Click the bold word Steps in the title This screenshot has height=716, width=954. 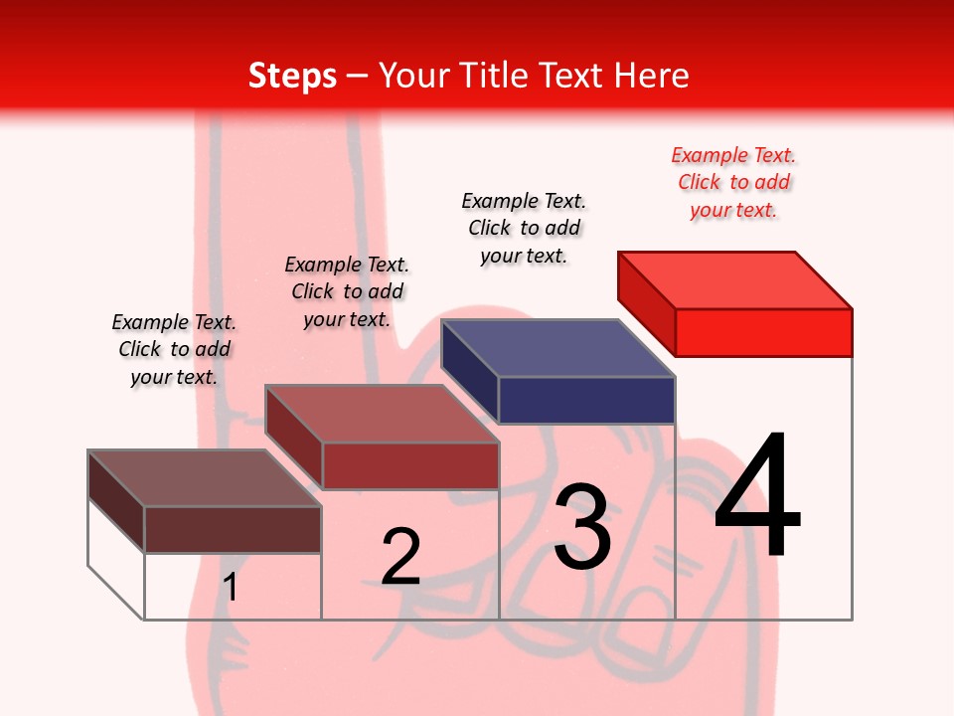(x=292, y=76)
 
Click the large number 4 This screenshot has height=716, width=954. (x=757, y=496)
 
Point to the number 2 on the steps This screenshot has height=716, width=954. (x=400, y=557)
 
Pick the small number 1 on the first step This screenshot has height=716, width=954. (x=231, y=587)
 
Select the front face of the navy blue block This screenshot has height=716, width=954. (x=586, y=401)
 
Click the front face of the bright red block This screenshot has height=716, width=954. (x=763, y=332)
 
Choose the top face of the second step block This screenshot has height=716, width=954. (x=382, y=414)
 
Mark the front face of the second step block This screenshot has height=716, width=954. (x=410, y=465)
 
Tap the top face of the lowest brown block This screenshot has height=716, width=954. (x=205, y=478)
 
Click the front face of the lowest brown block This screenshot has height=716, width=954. (x=233, y=529)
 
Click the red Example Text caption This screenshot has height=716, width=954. (x=733, y=182)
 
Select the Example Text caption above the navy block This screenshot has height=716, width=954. (x=524, y=228)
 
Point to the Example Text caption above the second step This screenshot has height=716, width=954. (x=347, y=291)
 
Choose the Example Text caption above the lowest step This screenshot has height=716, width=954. (x=174, y=349)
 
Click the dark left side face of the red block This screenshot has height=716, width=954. (x=646, y=295)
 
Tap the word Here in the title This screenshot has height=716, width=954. (x=652, y=76)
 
